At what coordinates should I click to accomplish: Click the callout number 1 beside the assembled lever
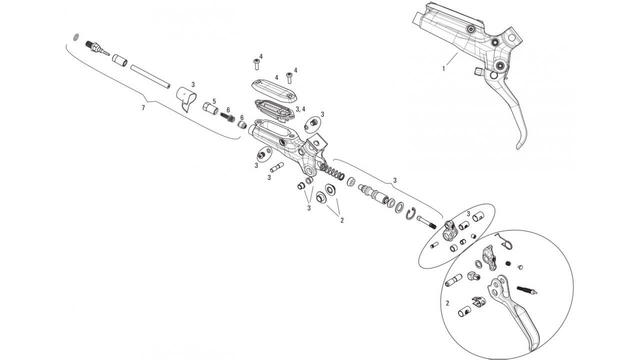443,68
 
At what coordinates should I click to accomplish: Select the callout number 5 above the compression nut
214,101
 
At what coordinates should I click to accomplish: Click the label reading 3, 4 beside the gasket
300,109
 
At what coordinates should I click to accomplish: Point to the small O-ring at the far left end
75,37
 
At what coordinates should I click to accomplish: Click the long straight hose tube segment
150,76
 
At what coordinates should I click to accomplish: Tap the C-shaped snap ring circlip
410,215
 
